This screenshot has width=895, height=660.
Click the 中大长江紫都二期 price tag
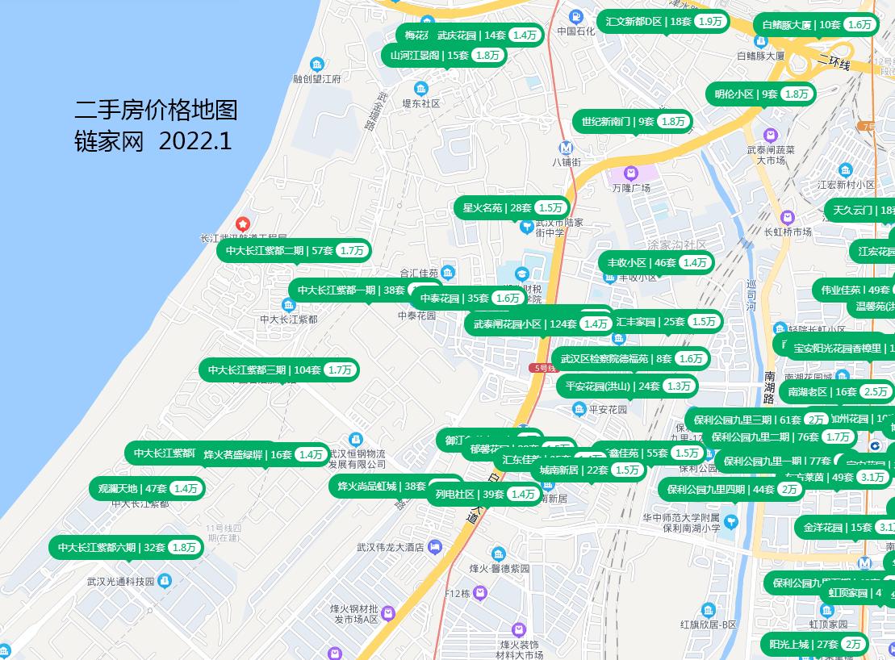tap(295, 251)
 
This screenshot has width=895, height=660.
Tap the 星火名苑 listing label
tap(512, 208)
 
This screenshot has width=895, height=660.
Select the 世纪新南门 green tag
tap(632, 122)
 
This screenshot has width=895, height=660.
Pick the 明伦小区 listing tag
tap(760, 94)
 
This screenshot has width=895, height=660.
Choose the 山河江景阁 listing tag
tap(445, 56)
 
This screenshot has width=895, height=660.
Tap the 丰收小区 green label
tap(656, 263)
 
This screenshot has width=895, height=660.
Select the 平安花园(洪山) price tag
tap(626, 386)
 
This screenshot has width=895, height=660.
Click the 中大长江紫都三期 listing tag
tap(278, 370)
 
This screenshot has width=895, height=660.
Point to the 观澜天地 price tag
tap(146, 489)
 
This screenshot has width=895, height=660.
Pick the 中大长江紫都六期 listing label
tap(126, 548)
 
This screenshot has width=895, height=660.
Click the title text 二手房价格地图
tap(156, 110)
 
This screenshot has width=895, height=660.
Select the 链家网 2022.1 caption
tap(153, 141)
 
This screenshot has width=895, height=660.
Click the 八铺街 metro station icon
tap(567, 148)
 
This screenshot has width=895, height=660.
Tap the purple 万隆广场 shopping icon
tap(630, 173)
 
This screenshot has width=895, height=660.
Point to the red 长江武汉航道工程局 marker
tap(241, 223)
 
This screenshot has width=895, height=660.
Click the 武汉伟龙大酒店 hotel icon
tap(434, 547)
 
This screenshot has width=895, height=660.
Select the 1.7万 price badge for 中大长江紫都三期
tap(340, 370)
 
